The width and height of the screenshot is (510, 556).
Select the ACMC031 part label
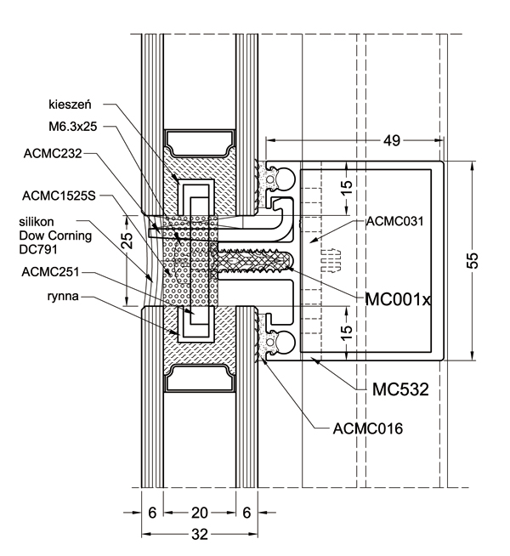(396, 222)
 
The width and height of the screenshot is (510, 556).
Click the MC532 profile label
(399, 389)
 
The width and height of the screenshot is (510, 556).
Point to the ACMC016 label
(367, 428)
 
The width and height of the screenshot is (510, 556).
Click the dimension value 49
(390, 139)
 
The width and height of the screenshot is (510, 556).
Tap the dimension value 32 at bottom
(198, 535)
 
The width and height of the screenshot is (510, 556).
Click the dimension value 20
(198, 513)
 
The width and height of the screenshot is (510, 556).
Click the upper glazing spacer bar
(199, 142)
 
